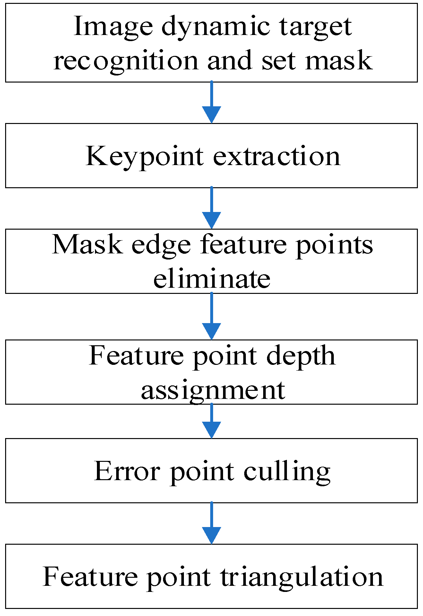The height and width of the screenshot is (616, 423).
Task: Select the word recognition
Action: pos(125,61)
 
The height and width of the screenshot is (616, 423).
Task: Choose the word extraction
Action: pos(276,156)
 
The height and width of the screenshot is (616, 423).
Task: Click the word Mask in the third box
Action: pos(87,244)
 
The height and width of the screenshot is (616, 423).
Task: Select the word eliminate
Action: pos(211,278)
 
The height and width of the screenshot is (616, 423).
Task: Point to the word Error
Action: pos(127,471)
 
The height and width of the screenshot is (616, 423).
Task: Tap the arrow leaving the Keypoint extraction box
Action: pos(211,208)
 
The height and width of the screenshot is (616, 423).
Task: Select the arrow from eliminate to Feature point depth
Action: pos(211,316)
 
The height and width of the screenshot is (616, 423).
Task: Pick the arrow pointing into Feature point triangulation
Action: pos(211,524)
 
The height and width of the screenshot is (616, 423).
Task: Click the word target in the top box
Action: pos(315,28)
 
